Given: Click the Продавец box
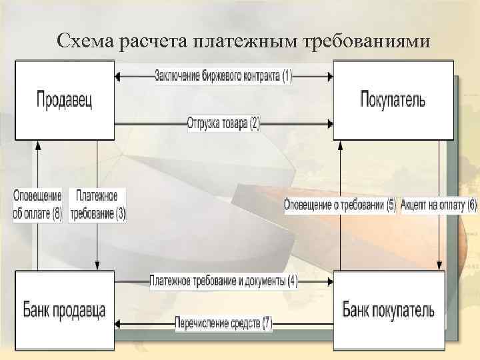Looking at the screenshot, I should (64, 100).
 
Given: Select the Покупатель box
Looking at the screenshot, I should (393, 100).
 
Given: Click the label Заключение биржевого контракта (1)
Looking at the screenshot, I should (223, 75).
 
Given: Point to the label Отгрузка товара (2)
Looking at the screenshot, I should (223, 123).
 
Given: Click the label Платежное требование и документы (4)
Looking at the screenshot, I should (223, 281).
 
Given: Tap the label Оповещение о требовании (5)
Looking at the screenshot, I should (340, 205).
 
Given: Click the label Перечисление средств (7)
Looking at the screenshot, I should (223, 324).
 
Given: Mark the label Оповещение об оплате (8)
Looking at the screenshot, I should (37, 205).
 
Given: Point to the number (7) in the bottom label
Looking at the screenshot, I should (266, 324).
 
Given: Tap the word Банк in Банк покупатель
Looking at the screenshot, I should (360, 309).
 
